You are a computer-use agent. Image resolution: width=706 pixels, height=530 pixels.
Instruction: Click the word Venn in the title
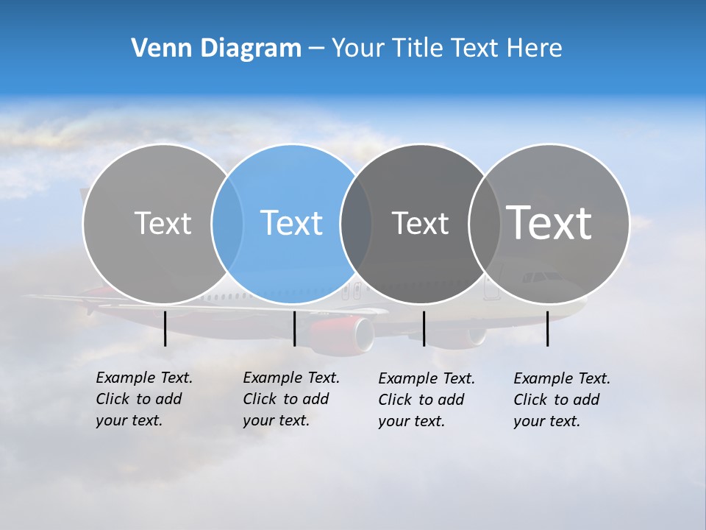point(156,48)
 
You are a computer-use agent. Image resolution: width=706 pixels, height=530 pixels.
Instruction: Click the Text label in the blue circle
point(291,223)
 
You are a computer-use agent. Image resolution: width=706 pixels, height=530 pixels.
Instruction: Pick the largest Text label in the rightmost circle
point(549,222)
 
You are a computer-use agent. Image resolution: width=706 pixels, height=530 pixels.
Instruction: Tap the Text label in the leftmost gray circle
point(163,223)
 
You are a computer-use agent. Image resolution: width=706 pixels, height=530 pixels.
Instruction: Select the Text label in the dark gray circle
point(420,223)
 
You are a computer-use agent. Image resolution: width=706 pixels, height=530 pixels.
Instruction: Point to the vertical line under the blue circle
point(294,328)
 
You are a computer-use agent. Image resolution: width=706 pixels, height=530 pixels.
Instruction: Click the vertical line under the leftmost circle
point(165,328)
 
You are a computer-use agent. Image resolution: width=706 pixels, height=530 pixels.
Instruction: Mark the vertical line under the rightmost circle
point(547,328)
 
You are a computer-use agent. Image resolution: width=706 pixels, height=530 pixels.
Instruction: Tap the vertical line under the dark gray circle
point(424,328)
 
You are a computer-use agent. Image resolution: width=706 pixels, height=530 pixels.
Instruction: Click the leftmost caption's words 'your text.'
point(129,421)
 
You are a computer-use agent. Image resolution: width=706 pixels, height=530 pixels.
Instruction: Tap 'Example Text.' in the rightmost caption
point(562,378)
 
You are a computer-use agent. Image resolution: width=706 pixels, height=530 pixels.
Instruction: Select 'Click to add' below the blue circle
point(285,399)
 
